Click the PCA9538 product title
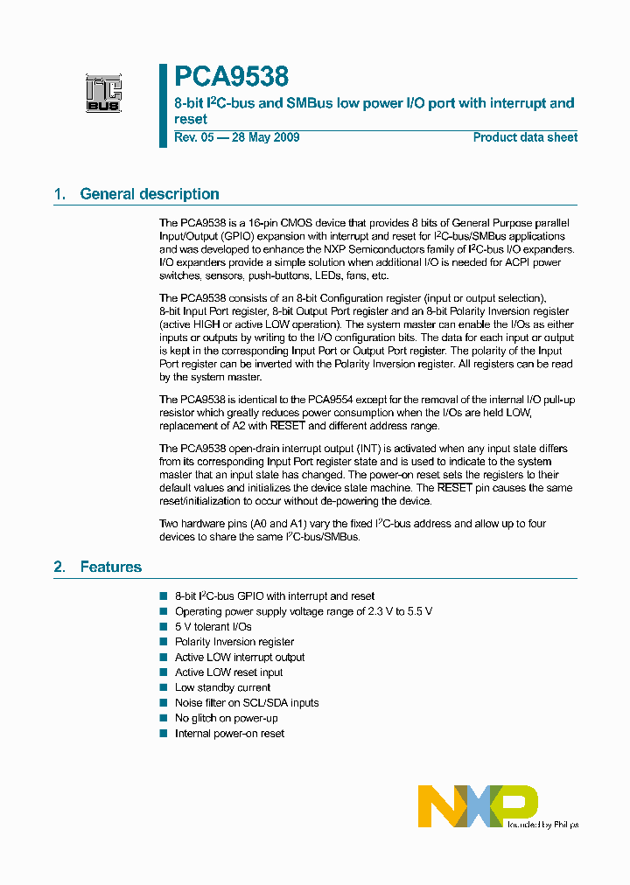coord(231,77)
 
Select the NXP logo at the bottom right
coord(478,805)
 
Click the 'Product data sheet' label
coord(525,137)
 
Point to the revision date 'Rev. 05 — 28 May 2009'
coord(237,137)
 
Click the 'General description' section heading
coord(149,194)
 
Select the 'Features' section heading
coord(110,567)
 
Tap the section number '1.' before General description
coord(60,194)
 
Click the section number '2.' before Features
coord(60,567)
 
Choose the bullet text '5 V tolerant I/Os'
coord(213,627)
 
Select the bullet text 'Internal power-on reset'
coord(229,734)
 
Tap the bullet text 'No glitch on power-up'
coord(226,718)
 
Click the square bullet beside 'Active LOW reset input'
coord(163,672)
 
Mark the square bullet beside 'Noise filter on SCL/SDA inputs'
coord(163,703)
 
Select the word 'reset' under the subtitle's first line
coord(191,119)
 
